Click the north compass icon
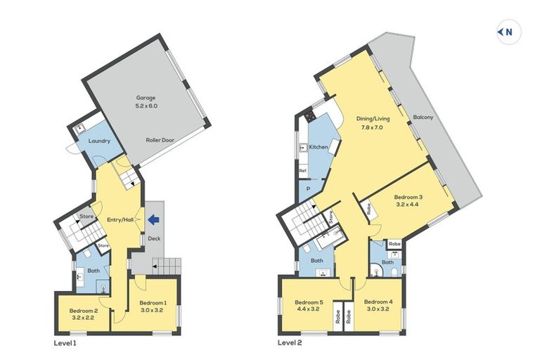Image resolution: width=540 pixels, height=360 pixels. point(508,32)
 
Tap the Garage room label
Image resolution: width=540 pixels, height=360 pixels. point(146,98)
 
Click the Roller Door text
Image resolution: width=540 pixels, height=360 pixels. point(160,140)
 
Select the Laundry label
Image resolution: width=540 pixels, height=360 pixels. point(99,141)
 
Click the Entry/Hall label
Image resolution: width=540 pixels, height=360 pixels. point(120,220)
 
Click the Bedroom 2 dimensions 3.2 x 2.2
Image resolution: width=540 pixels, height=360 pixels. point(83,317)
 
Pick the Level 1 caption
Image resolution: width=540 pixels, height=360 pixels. point(65,343)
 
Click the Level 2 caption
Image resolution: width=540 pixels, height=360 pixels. point(289,343)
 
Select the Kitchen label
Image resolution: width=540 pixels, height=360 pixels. point(319,148)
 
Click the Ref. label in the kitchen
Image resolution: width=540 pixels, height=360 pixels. point(303,171)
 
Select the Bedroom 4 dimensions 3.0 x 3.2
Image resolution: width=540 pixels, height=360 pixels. point(378,309)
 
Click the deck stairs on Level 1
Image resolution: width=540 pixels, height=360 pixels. point(167,266)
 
